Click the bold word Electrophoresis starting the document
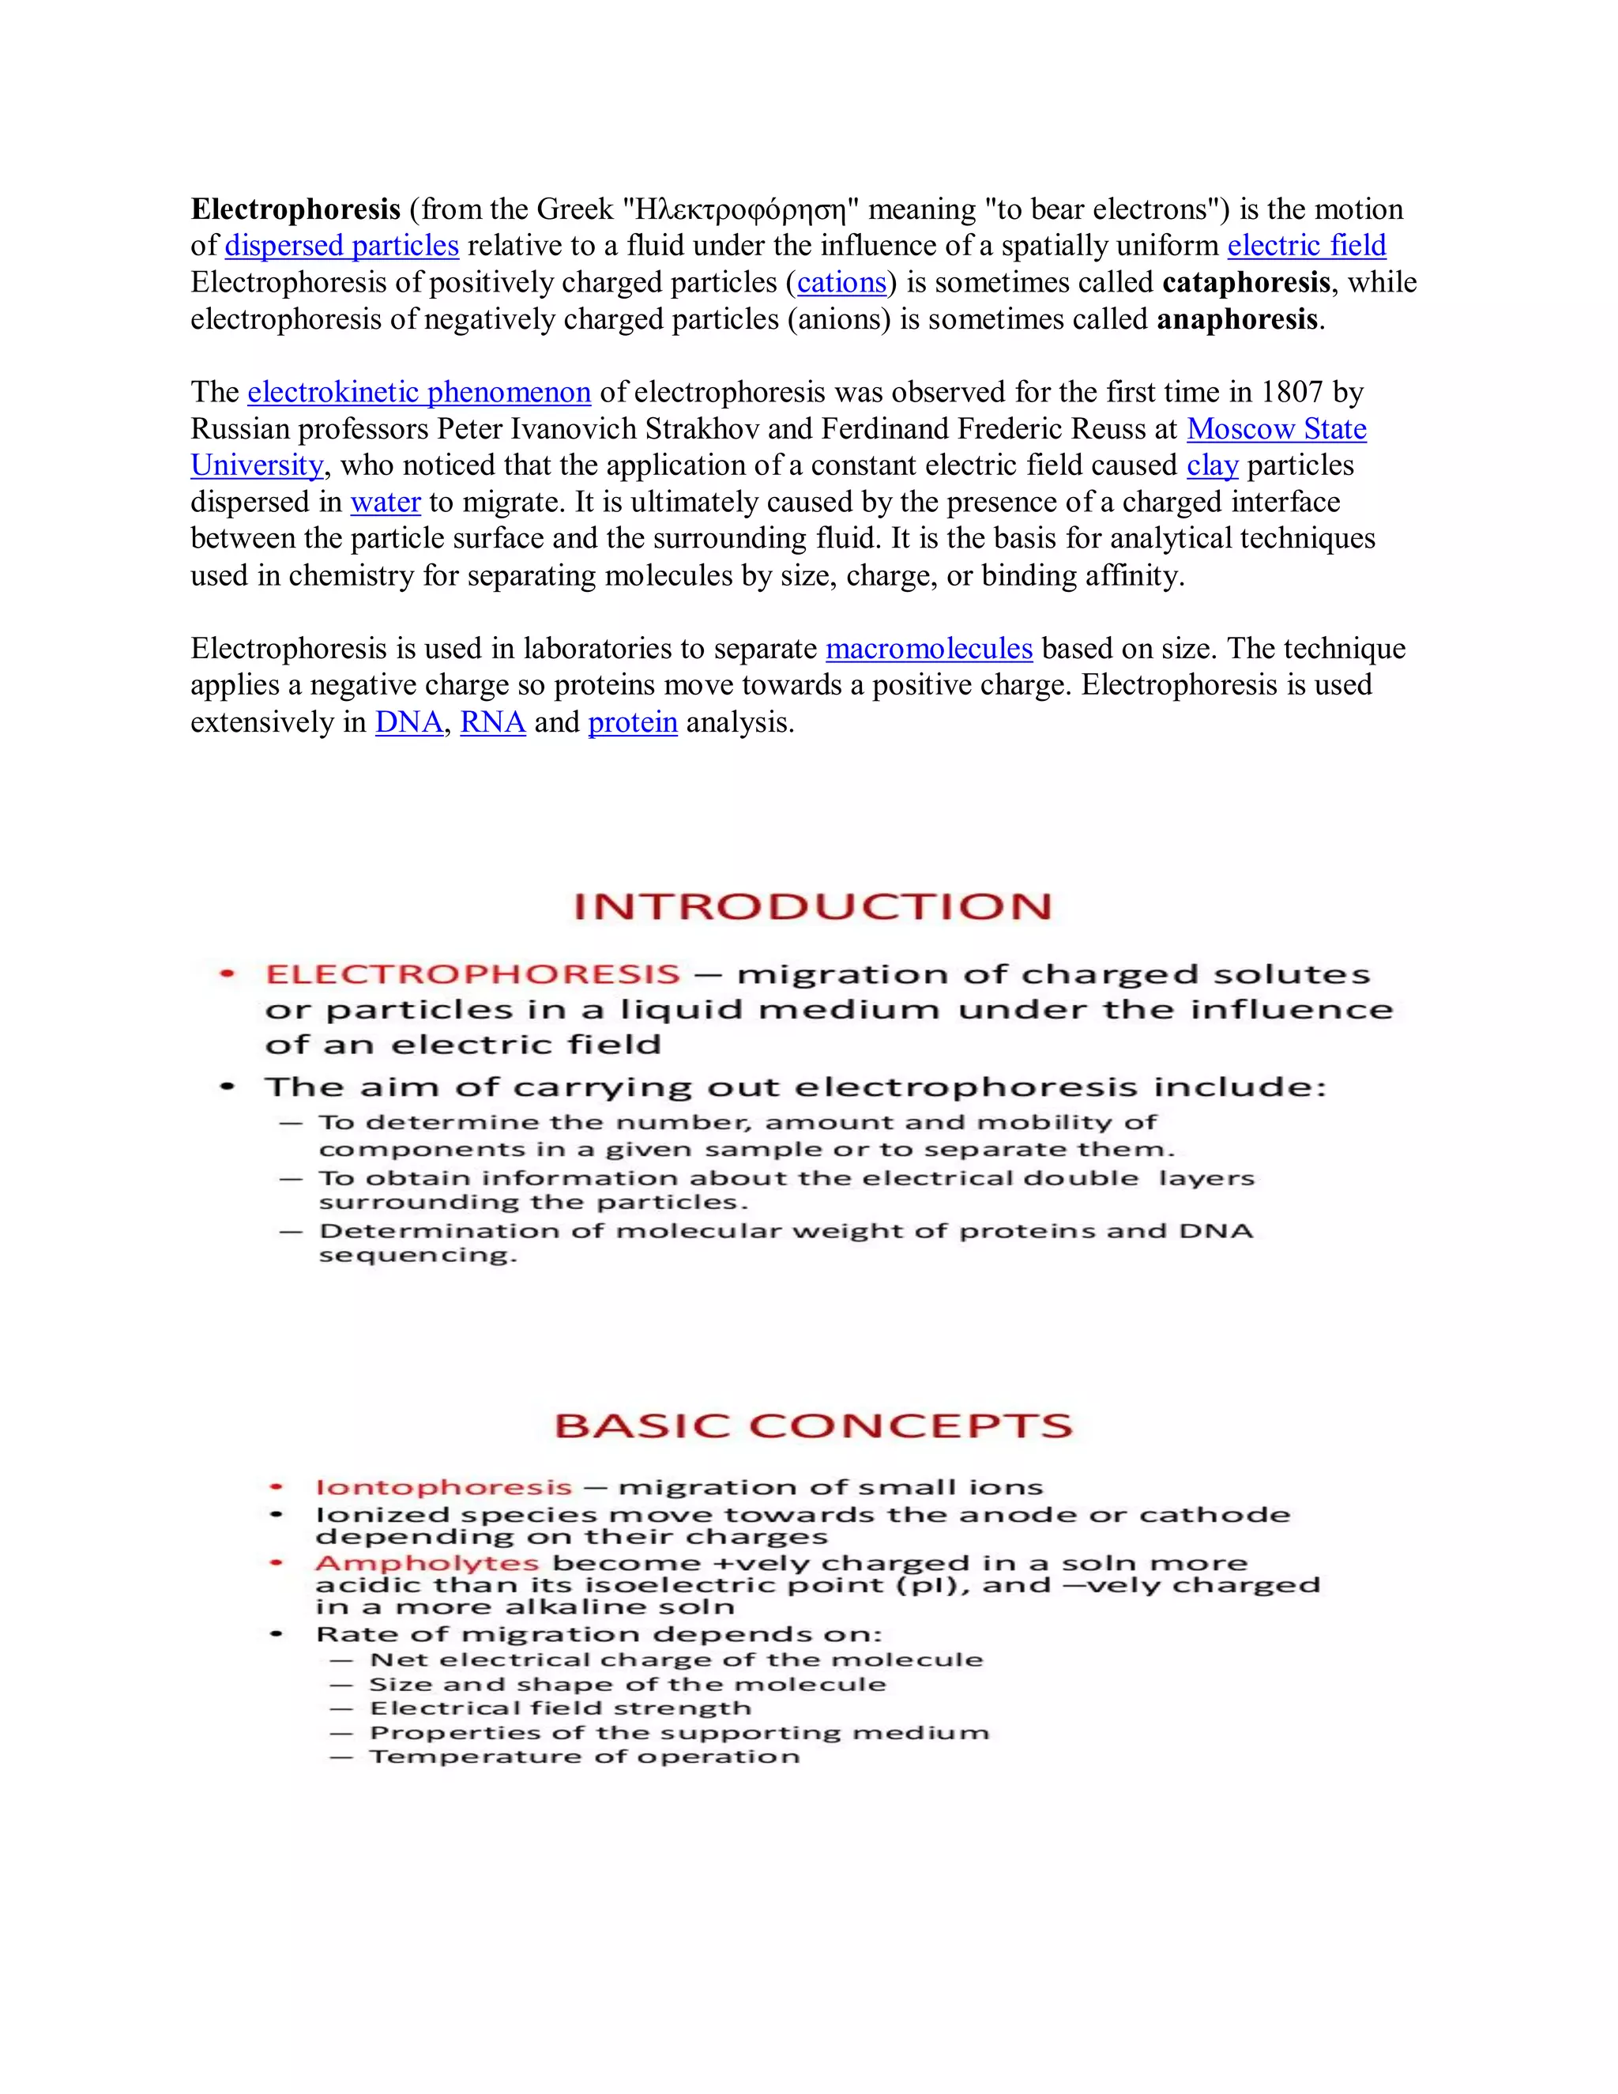[295, 209]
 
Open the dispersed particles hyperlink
[341, 246]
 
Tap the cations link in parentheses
[841, 283]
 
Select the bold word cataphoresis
[1245, 283]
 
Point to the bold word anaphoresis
[1236, 319]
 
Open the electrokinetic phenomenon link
[419, 392]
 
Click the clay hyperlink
[1212, 466]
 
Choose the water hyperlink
[386, 503]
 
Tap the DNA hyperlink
[408, 722]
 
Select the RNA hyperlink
[493, 722]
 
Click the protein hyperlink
[633, 722]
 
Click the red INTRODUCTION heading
[812, 906]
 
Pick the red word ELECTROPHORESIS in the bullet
[472, 974]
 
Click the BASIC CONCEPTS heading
[813, 1426]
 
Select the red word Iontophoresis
[443, 1487]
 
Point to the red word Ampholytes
[427, 1563]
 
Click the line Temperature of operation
[584, 1757]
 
